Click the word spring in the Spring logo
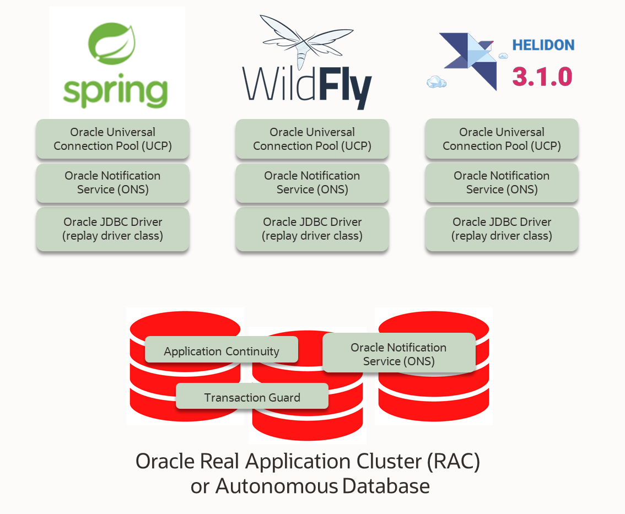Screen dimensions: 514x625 point(115,91)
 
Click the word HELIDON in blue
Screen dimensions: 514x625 point(543,45)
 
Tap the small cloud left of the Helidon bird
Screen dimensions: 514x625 point(436,82)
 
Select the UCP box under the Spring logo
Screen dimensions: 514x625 point(112,139)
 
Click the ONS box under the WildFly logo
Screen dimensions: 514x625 point(312,182)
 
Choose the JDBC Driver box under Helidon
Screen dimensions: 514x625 point(502,229)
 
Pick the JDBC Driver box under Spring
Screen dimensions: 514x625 point(112,229)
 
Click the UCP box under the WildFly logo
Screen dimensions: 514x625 point(312,139)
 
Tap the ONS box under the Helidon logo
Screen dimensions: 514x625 point(502,182)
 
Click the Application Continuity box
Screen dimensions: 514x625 point(221,351)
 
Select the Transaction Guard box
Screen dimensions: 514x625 point(252,397)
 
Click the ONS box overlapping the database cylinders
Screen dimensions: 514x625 point(398,354)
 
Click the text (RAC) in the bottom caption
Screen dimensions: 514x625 point(454,461)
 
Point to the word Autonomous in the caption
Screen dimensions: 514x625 point(276,486)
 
